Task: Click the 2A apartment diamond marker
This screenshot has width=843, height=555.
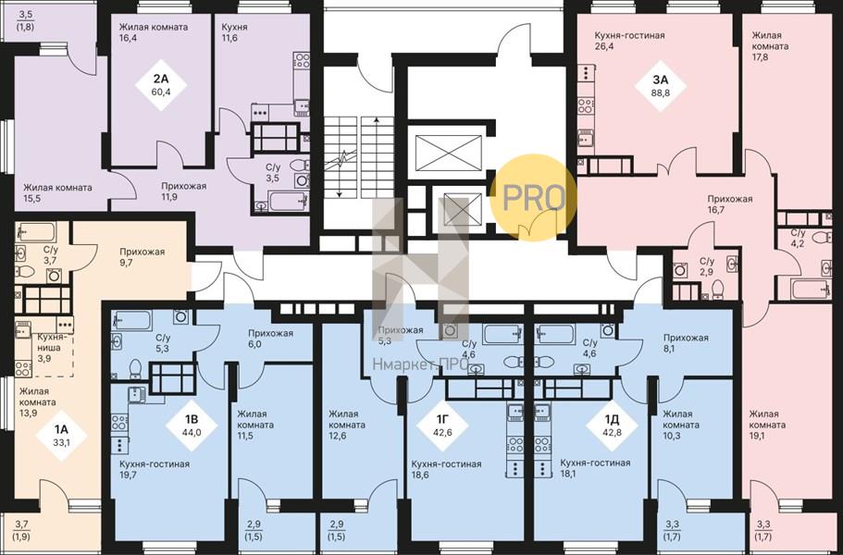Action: click(x=160, y=85)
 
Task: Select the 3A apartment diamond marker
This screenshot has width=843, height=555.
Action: click(x=660, y=85)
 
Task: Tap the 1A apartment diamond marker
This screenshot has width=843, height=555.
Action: click(x=62, y=435)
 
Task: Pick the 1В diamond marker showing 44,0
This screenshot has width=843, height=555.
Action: click(x=192, y=425)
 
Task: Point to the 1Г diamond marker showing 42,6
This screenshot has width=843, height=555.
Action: click(x=442, y=425)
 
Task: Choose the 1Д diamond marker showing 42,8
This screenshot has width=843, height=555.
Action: click(x=612, y=425)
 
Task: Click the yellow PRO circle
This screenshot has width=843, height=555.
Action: click(x=534, y=198)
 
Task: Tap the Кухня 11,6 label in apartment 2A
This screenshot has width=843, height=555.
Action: click(x=234, y=32)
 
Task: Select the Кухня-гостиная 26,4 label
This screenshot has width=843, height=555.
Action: click(x=629, y=41)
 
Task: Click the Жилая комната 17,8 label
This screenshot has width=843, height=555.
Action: click(x=771, y=46)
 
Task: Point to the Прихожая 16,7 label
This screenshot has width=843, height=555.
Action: click(x=729, y=204)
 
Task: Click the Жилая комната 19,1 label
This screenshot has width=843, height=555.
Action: click(x=768, y=425)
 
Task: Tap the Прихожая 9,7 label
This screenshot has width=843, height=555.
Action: click(x=142, y=257)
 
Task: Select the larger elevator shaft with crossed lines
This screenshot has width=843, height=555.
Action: click(x=449, y=153)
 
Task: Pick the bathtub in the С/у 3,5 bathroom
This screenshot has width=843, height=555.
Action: click(x=288, y=201)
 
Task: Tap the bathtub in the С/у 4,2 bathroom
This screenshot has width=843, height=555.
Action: click(x=812, y=289)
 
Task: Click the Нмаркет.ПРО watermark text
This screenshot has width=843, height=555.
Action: click(x=414, y=365)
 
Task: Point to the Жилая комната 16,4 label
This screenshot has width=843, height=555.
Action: click(x=154, y=32)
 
